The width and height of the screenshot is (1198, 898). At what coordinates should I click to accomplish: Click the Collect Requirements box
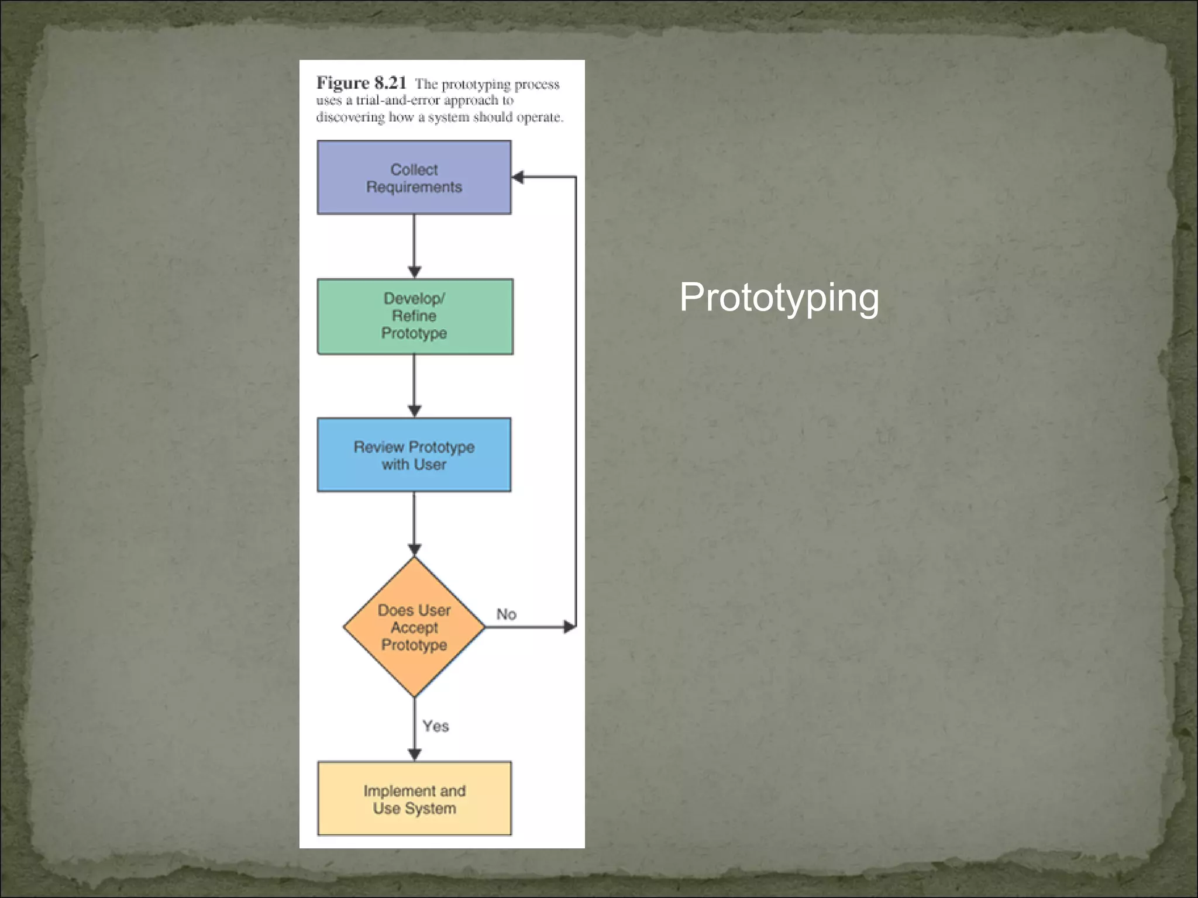pyautogui.click(x=414, y=177)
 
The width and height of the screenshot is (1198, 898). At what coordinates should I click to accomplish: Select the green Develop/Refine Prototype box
pyautogui.click(x=414, y=316)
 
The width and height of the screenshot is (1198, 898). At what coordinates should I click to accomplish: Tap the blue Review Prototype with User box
pyautogui.click(x=414, y=455)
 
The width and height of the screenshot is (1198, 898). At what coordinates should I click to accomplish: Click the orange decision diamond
pyautogui.click(x=414, y=627)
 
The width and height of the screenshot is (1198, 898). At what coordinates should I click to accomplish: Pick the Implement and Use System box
pyautogui.click(x=414, y=799)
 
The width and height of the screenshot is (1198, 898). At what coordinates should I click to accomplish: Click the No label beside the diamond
pyautogui.click(x=507, y=614)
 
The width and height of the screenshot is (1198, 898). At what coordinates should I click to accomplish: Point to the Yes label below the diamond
pyautogui.click(x=436, y=726)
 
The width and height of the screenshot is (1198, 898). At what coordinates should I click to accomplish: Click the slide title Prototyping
pyautogui.click(x=779, y=298)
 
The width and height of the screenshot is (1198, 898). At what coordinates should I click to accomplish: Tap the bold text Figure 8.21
pyautogui.click(x=361, y=84)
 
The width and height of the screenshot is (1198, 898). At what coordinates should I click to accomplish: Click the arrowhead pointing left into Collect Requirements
pyautogui.click(x=518, y=177)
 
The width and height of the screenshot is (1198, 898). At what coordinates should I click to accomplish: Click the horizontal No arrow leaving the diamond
pyautogui.click(x=526, y=627)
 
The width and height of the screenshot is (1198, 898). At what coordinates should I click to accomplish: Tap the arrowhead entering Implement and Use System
pyautogui.click(x=414, y=755)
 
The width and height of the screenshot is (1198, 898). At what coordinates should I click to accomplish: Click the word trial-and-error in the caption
pyautogui.click(x=398, y=101)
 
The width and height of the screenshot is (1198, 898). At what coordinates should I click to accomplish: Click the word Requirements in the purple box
pyautogui.click(x=414, y=187)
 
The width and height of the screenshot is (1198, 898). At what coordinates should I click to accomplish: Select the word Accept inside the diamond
pyautogui.click(x=414, y=627)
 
